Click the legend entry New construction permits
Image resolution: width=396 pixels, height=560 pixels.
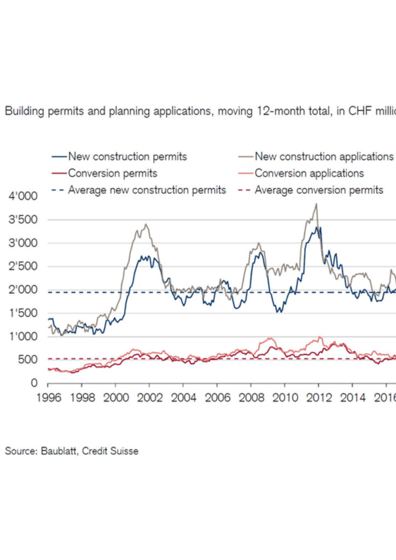pos(127,156)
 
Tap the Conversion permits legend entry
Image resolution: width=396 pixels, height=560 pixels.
pos(113,173)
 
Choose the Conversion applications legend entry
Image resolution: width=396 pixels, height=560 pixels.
pos(309,173)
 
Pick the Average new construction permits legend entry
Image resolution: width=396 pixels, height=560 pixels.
pos(147,190)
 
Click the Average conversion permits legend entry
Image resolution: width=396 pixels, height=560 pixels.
pos(319,190)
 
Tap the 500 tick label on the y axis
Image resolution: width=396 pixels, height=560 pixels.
pos(27,360)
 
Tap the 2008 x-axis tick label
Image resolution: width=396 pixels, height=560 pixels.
pos(250,397)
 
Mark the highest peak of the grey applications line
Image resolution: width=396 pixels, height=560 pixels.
pos(316,204)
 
